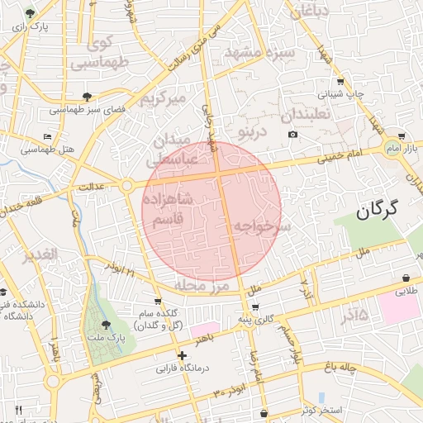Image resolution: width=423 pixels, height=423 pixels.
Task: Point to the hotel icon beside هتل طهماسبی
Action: pyautogui.click(x=47, y=136)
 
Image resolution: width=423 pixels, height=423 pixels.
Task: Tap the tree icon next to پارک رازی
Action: pyautogui.click(x=31, y=14)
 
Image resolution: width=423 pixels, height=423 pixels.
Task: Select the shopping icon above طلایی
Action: pyautogui.click(x=407, y=278)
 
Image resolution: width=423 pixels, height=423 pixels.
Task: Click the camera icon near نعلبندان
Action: pyautogui.click(x=292, y=134)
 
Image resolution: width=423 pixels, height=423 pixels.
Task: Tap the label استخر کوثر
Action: pyautogui.click(x=322, y=410)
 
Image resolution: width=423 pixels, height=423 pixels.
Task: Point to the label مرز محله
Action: pyautogui.click(x=201, y=285)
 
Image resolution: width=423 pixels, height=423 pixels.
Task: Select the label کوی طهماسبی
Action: pyautogui.click(x=100, y=52)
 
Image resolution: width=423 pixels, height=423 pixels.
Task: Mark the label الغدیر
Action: pyautogui.click(x=41, y=254)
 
